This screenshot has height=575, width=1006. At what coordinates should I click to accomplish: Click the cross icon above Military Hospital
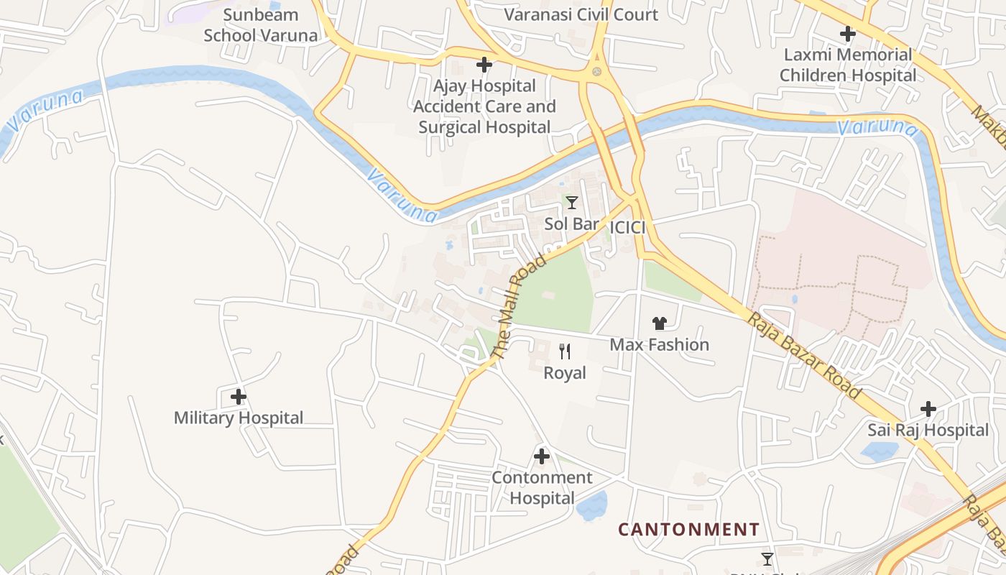pyautogui.click(x=239, y=396)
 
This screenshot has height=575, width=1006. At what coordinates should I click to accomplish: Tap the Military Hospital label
pyautogui.click(x=239, y=418)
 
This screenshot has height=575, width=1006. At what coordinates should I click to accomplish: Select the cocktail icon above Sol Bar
pyautogui.click(x=572, y=203)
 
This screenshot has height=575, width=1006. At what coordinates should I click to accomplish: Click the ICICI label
pyautogui.click(x=627, y=228)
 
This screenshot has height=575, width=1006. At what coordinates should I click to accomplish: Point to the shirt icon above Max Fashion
pyautogui.click(x=660, y=323)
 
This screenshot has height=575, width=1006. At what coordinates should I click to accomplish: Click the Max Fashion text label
pyautogui.click(x=660, y=345)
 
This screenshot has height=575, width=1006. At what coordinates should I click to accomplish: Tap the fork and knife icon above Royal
pyautogui.click(x=565, y=351)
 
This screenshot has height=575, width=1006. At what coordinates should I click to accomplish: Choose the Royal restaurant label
pyautogui.click(x=565, y=373)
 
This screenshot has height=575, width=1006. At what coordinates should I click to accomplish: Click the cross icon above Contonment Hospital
pyautogui.click(x=542, y=456)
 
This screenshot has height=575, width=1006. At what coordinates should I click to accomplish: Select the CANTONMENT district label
pyautogui.click(x=688, y=530)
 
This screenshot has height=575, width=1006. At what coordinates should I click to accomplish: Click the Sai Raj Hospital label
pyautogui.click(x=928, y=430)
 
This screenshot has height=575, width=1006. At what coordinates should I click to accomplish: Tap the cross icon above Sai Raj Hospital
pyautogui.click(x=928, y=409)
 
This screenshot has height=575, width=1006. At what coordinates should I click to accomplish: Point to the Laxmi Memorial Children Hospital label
pyautogui.click(x=848, y=65)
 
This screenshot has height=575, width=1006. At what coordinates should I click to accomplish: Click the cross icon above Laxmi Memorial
pyautogui.click(x=848, y=33)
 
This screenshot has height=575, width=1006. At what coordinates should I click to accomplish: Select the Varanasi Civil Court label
pyautogui.click(x=581, y=14)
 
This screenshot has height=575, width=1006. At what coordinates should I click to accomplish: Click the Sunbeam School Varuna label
pyautogui.click(x=260, y=25)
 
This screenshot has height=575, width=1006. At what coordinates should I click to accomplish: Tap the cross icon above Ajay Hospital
pyautogui.click(x=484, y=65)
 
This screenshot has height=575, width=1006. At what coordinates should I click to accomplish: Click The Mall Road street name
pyautogui.click(x=519, y=304)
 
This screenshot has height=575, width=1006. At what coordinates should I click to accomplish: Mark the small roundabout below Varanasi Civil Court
pyautogui.click(x=596, y=72)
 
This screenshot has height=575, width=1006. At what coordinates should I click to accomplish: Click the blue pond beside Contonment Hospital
pyautogui.click(x=592, y=505)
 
